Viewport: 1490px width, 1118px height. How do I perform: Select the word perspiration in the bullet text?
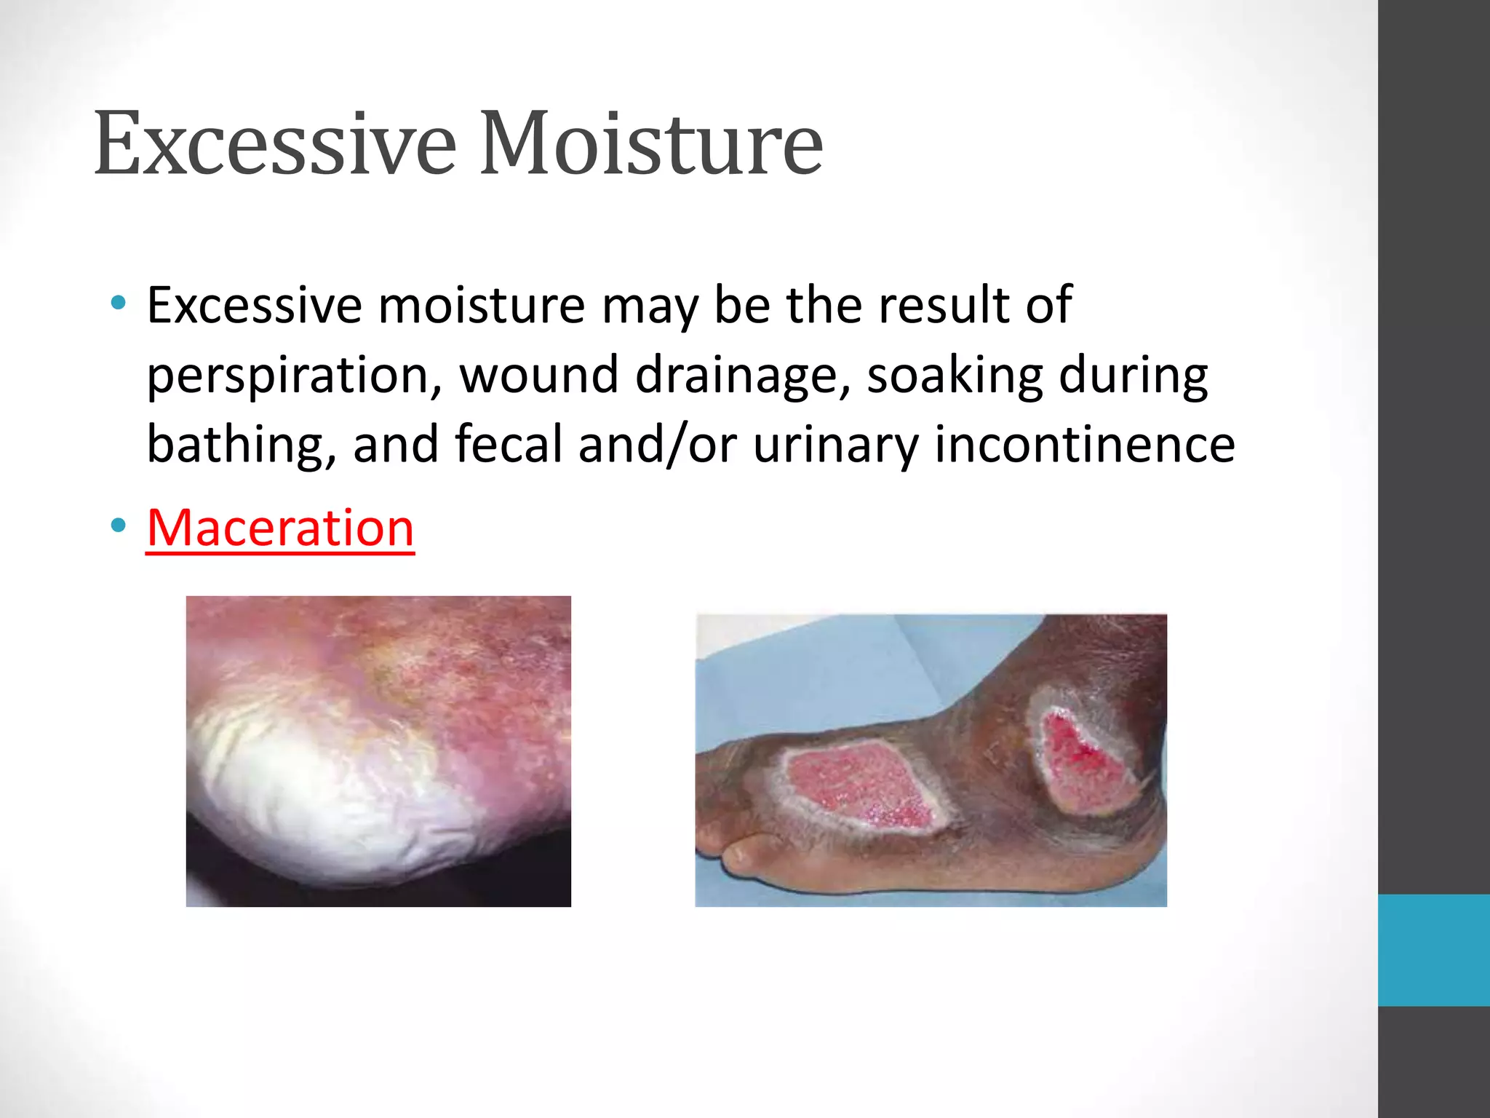(x=293, y=376)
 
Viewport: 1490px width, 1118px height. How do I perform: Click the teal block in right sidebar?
(x=1433, y=950)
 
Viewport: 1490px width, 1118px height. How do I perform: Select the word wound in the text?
(x=538, y=376)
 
